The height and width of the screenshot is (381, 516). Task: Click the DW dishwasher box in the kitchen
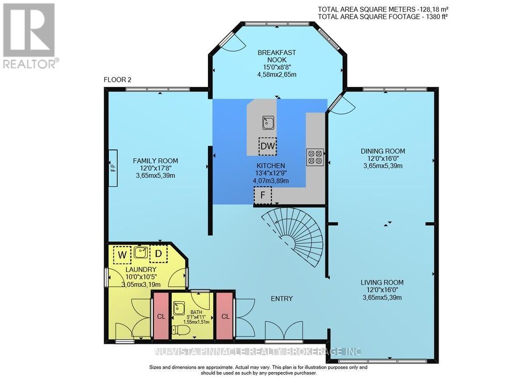[268, 146]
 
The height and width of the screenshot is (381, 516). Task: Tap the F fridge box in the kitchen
[263, 196]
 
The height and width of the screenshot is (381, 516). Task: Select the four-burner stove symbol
[315, 157]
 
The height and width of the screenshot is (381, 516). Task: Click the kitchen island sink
[268, 123]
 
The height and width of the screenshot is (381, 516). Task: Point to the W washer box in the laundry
[122, 254]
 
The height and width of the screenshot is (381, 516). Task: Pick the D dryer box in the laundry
[158, 254]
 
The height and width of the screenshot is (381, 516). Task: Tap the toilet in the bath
[176, 329]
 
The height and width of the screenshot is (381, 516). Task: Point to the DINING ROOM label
[382, 151]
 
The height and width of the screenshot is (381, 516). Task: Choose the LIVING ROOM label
[382, 282]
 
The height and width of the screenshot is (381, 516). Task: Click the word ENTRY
[282, 298]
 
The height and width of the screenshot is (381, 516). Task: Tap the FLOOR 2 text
[118, 80]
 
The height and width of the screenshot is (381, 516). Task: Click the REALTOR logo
[29, 36]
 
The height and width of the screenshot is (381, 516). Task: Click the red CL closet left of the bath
[160, 316]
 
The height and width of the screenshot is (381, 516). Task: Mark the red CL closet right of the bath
[225, 316]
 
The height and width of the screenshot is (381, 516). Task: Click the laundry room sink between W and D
[140, 253]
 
